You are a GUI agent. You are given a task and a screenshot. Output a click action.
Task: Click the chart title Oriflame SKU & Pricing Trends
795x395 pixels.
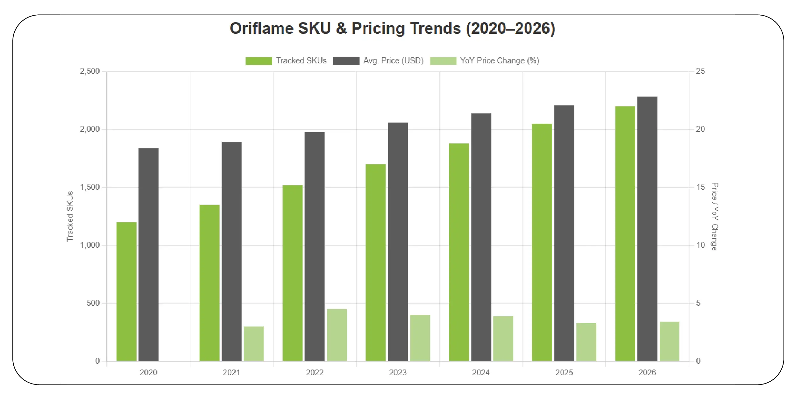[x=392, y=28]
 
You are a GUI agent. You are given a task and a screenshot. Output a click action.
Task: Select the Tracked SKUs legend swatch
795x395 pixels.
[x=259, y=61]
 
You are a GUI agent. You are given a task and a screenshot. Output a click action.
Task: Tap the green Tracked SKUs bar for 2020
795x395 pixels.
[x=126, y=291]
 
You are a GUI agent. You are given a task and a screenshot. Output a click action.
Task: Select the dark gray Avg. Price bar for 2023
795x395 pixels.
[x=398, y=241]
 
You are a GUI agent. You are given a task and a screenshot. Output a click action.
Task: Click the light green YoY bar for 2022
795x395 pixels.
[x=337, y=335]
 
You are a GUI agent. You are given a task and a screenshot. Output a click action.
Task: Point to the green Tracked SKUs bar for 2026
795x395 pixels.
[x=625, y=233]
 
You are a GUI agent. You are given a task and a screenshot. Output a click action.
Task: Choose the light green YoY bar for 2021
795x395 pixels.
[x=254, y=343]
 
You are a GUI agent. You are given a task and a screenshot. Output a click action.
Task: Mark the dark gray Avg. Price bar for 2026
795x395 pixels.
[x=647, y=228]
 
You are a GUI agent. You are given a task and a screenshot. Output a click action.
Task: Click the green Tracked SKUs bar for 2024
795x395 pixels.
[x=459, y=252]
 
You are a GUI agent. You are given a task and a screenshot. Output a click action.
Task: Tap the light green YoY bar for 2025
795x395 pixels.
[x=586, y=342]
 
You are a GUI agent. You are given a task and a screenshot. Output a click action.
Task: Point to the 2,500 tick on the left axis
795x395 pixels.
[x=90, y=71]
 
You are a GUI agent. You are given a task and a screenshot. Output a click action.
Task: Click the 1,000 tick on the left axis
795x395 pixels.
[x=90, y=245]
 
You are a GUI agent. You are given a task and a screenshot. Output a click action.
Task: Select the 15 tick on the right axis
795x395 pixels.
[x=700, y=187]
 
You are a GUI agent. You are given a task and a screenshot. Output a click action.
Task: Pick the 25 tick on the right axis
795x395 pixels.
[x=700, y=71]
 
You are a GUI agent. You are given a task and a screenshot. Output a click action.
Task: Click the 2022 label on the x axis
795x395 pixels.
[x=315, y=372]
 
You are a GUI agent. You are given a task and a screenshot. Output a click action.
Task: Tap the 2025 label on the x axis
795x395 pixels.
[x=564, y=372]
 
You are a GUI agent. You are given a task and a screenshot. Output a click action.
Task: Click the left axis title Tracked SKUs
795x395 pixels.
[x=70, y=216]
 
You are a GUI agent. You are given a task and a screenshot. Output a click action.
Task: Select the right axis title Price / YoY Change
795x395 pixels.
[x=714, y=216]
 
